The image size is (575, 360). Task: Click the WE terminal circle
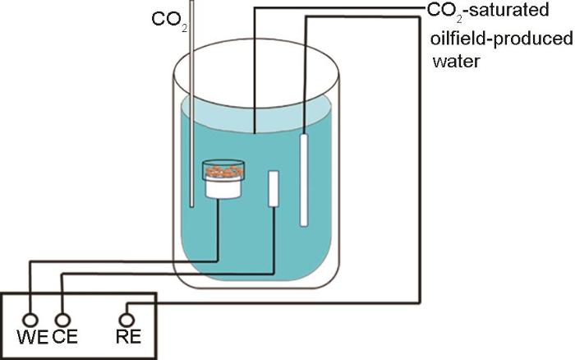pyautogui.click(x=30, y=318)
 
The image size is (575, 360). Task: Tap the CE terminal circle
pyautogui.click(x=62, y=318)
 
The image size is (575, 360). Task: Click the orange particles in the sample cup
pyautogui.click(x=223, y=171)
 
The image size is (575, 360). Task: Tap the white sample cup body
pyautogui.click(x=223, y=187)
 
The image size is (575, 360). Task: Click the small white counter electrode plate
pyautogui.click(x=274, y=188)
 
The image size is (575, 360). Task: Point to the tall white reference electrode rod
pyautogui.click(x=304, y=180)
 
